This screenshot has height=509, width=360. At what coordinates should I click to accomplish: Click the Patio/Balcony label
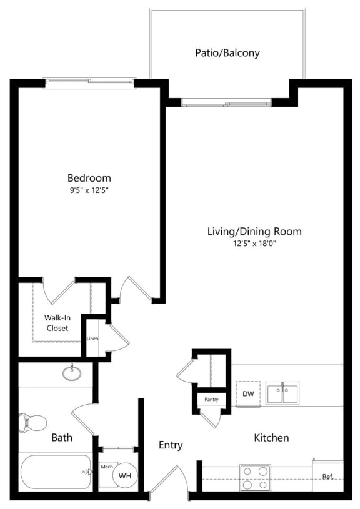[x=227, y=53]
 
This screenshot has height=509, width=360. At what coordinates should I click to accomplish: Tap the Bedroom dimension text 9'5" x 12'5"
[x=89, y=190]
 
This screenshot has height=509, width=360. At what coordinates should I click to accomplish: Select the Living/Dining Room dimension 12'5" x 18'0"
[x=254, y=244]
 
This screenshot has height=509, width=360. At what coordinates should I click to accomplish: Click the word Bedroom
[x=89, y=178]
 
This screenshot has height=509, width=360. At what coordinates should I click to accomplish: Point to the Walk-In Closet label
[x=57, y=323]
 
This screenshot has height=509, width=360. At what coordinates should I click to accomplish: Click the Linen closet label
[x=92, y=339]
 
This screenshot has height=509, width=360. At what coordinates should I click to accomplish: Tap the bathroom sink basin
[x=72, y=373]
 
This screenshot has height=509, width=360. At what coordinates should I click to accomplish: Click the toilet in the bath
[x=32, y=423]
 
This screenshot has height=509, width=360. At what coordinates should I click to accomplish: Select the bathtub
[x=56, y=472]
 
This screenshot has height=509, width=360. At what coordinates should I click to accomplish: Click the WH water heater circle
[x=125, y=475]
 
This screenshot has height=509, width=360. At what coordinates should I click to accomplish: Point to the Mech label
[x=107, y=467]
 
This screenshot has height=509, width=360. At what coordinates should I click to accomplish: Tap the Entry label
[x=171, y=445]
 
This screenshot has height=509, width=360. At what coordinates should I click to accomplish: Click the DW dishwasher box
[x=248, y=393]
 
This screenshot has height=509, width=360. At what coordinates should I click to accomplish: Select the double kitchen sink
[x=282, y=393]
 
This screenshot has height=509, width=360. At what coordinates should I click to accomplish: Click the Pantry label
[x=211, y=399]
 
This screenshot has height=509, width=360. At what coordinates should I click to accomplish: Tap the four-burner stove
[x=256, y=478]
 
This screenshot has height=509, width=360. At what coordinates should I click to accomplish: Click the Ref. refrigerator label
[x=328, y=477]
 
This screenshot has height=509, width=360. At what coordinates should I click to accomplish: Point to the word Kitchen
[x=271, y=438]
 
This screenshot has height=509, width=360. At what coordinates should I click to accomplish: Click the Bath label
[x=62, y=438]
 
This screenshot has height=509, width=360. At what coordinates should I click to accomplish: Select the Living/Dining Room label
[x=254, y=232]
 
